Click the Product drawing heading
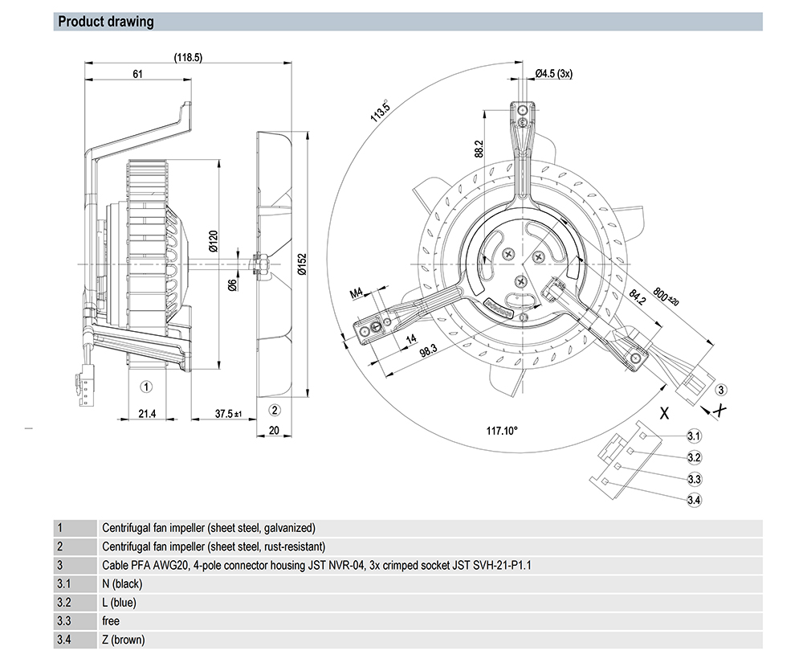point(106,22)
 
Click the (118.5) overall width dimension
point(188,57)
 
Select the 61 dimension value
point(138,75)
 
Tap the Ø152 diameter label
point(300,265)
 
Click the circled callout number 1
point(146,387)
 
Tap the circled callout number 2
point(274,411)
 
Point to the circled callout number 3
point(721,390)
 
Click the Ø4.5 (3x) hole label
point(553,74)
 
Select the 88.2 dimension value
point(479,149)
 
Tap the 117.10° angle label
point(503,430)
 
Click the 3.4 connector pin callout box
point(695,501)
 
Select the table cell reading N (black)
point(122,584)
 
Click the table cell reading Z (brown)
point(123,640)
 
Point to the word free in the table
point(111,621)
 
